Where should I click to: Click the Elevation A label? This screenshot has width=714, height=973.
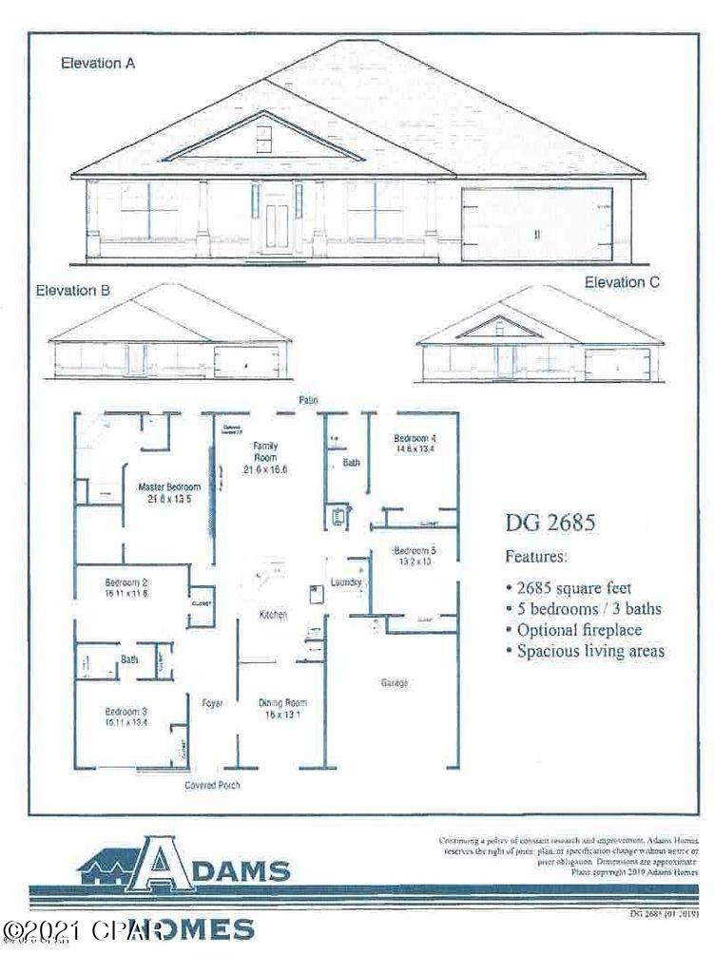(x=98, y=64)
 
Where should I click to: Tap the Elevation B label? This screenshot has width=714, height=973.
(x=67, y=292)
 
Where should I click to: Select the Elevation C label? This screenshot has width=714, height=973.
(x=622, y=282)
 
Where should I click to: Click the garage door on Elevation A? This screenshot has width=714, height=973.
(x=535, y=223)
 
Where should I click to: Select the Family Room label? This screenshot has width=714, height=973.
(x=264, y=457)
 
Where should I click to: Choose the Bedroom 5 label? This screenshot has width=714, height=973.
(x=415, y=555)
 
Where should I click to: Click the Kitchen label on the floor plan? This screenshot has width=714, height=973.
(x=274, y=616)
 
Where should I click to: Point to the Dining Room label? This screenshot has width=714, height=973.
(x=282, y=709)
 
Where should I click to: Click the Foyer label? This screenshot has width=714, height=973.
(x=212, y=703)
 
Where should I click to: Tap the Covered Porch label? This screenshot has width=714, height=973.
(x=212, y=786)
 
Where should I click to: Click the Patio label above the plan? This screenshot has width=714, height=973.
(x=306, y=401)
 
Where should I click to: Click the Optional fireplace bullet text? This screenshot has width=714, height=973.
(x=580, y=630)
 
